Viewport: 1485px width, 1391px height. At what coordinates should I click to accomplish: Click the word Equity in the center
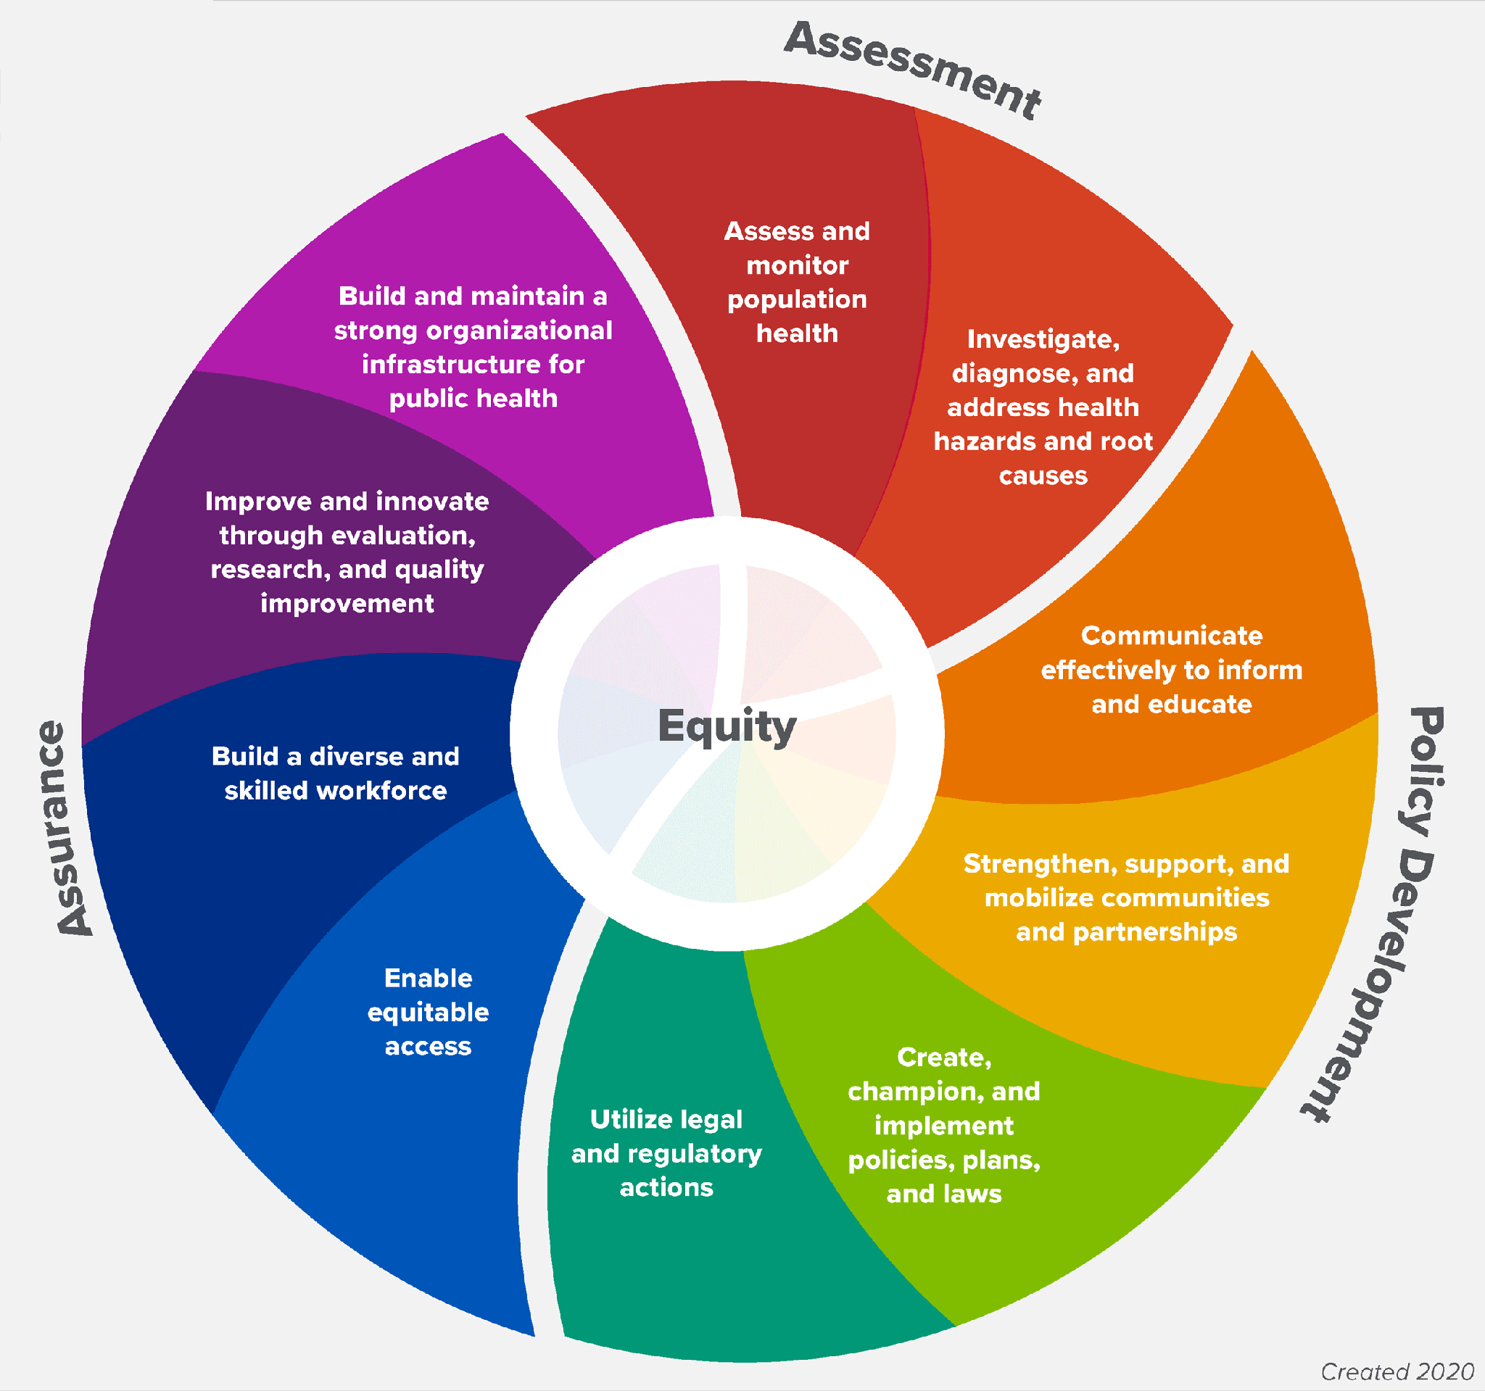point(727,726)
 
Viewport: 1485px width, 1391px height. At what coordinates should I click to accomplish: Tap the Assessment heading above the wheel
point(913,70)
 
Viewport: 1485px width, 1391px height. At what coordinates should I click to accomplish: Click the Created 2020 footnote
point(1397,1371)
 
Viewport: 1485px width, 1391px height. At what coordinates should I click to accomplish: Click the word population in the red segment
point(797,299)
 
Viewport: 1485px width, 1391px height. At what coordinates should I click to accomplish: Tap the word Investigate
point(1043,340)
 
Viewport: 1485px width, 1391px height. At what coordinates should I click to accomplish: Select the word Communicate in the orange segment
point(1171,636)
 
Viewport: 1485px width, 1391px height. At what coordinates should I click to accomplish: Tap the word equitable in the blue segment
point(428,1013)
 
